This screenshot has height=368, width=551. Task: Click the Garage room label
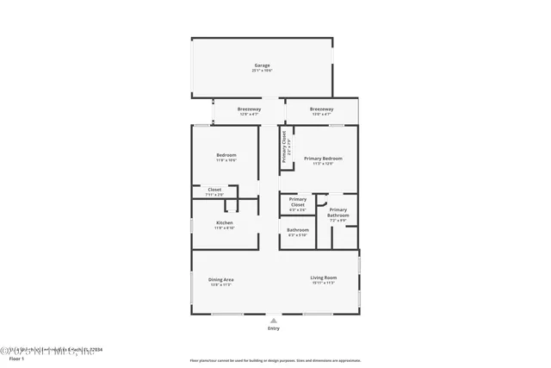click(x=262, y=65)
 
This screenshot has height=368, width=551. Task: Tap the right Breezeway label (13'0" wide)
click(x=321, y=109)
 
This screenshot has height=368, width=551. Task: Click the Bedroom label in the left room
click(x=226, y=155)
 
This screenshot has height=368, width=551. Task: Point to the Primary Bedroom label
click(x=323, y=159)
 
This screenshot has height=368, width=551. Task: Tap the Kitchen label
click(x=224, y=222)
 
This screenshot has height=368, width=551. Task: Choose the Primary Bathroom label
click(x=337, y=212)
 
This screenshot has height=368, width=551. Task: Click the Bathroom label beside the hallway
click(x=297, y=229)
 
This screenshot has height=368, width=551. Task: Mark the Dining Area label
click(x=221, y=279)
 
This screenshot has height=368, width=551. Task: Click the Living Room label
click(x=323, y=277)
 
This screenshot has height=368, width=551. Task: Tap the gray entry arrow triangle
click(x=274, y=320)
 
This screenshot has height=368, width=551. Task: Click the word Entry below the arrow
click(x=274, y=328)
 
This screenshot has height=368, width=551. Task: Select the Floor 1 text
click(x=10, y=356)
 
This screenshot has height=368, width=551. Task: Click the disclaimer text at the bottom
click(x=276, y=360)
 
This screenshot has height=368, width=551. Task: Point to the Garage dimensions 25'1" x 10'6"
click(x=262, y=71)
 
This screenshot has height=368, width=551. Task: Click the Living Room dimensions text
click(x=323, y=283)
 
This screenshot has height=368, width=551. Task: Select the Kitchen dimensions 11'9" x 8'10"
click(x=224, y=228)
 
